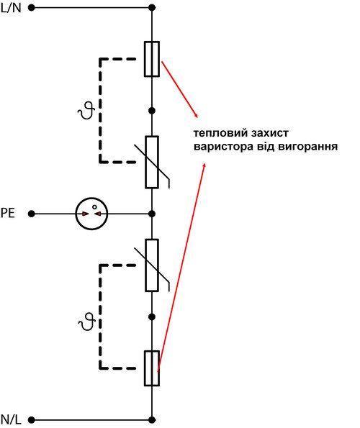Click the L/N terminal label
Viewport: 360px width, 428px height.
coord(11,8)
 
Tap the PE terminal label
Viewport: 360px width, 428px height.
coord(8,213)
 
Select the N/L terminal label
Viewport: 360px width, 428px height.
coord(11,419)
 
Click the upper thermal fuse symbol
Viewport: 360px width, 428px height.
coord(152,59)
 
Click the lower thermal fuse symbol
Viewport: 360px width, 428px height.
coord(152,368)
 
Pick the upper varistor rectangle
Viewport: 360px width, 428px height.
coord(152,162)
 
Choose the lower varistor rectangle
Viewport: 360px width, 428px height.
coord(152,265)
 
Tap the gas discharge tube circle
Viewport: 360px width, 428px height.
coord(91,198)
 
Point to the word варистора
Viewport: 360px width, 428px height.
coord(223,147)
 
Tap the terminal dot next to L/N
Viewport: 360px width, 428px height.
coord(32,8)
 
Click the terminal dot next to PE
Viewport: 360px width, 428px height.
coord(32,214)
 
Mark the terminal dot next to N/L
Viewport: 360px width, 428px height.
coord(32,419)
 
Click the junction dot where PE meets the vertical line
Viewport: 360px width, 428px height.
coord(152,214)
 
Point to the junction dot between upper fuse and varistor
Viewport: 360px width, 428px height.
coord(152,111)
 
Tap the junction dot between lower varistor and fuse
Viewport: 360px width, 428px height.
coord(152,317)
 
